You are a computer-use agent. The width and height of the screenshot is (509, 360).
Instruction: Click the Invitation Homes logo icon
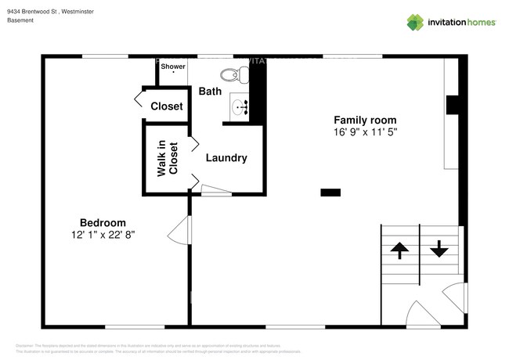click(416, 22)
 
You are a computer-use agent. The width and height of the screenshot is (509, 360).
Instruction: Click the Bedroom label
click(103, 222)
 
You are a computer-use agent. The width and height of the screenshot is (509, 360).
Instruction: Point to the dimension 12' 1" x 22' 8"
click(103, 235)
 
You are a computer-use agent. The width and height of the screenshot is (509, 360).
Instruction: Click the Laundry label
click(226, 158)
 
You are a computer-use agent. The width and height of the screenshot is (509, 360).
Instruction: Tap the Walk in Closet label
click(168, 158)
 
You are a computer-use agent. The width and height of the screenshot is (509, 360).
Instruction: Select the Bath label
click(210, 92)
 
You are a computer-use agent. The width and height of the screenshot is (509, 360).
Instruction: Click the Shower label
click(173, 67)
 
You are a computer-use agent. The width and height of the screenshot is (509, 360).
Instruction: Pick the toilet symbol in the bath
click(233, 75)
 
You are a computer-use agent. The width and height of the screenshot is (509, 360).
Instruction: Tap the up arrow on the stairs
click(399, 250)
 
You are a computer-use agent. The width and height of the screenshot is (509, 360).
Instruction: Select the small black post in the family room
click(330, 191)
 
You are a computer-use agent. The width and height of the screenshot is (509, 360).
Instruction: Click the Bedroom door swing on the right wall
click(180, 232)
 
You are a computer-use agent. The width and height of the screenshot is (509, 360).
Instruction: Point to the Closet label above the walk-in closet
click(166, 106)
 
